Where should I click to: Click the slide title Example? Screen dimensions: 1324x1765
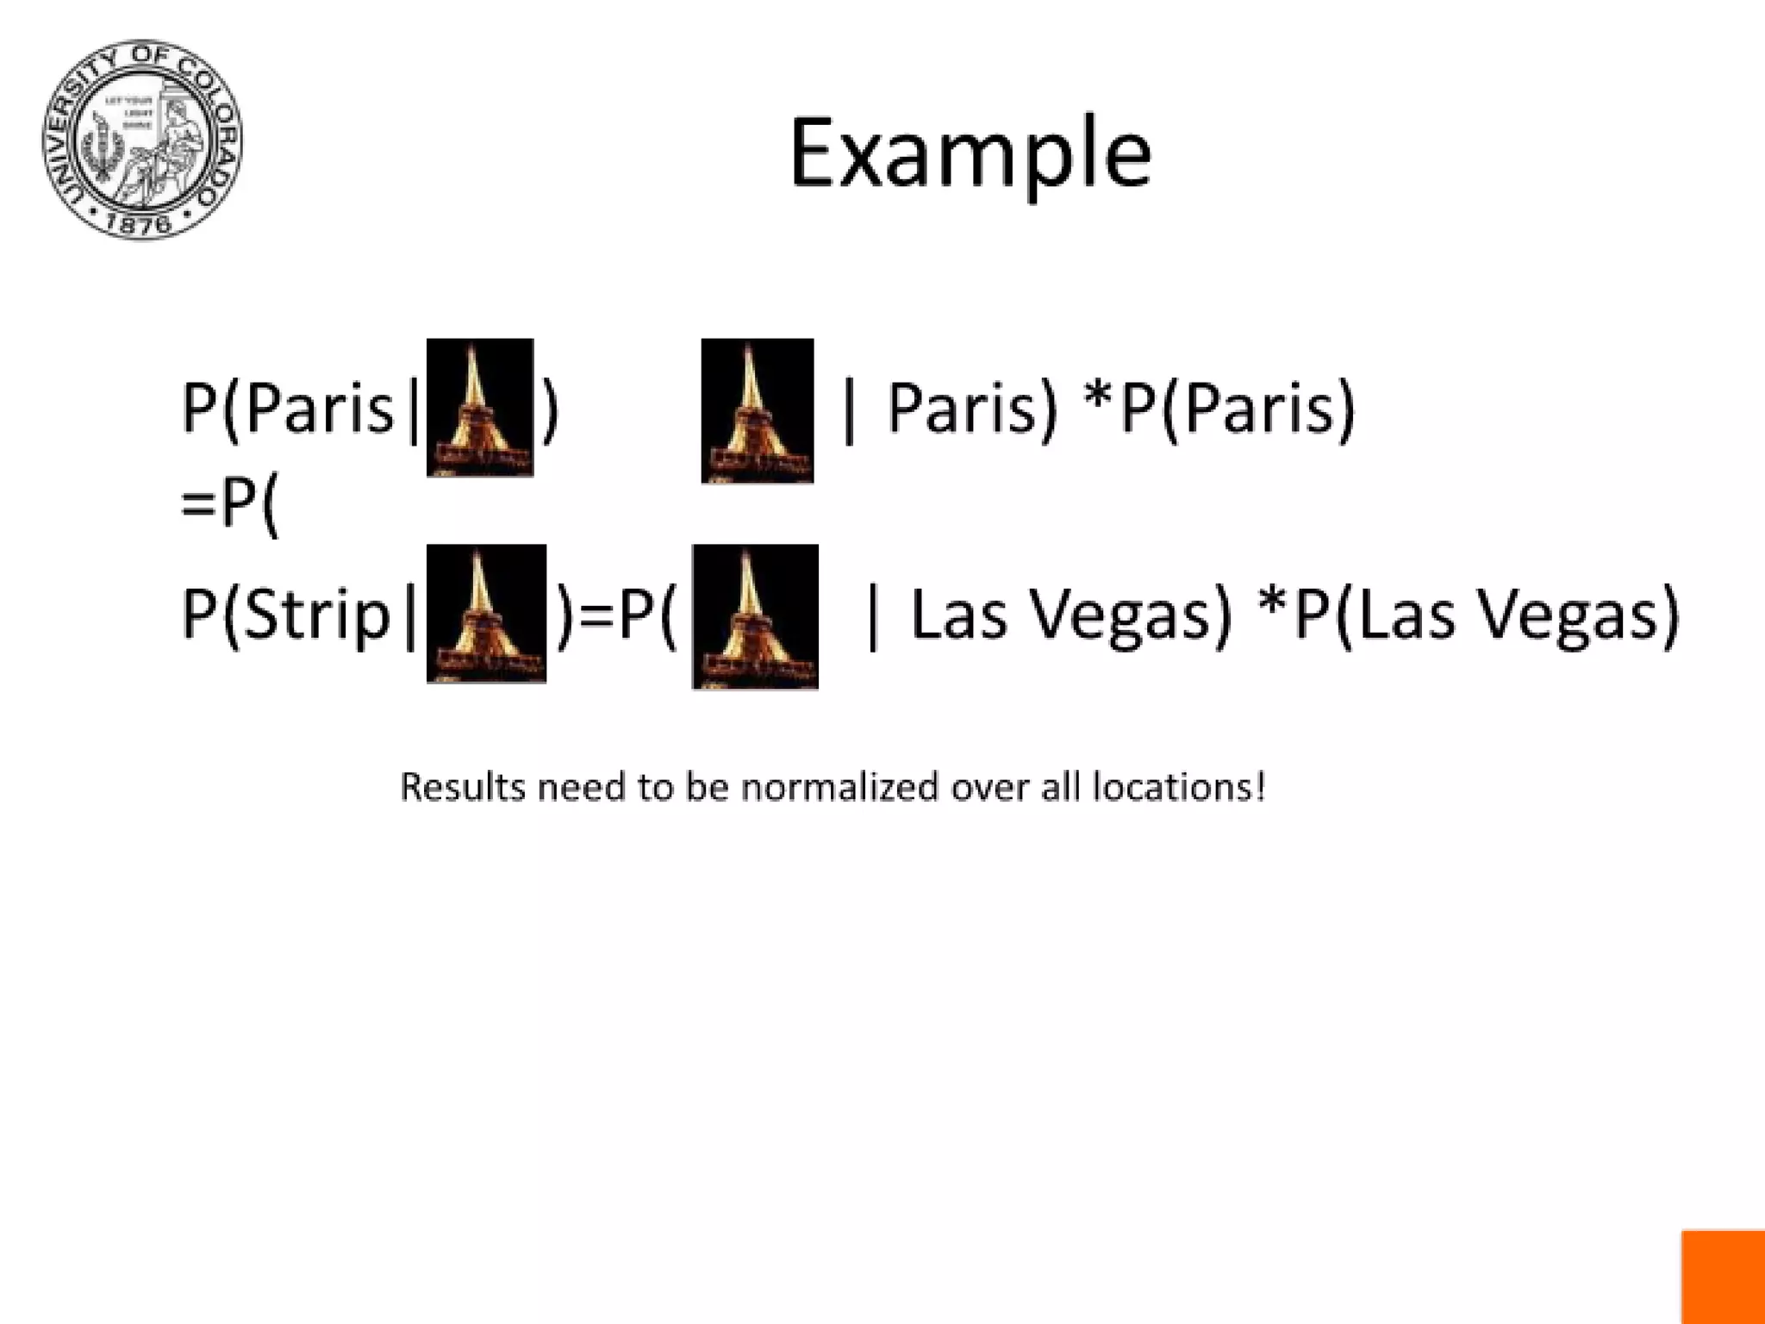click(970, 155)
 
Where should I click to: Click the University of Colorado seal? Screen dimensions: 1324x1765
click(142, 140)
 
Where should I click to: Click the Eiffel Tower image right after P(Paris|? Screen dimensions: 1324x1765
click(480, 407)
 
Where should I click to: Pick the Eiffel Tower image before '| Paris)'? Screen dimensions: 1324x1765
click(757, 410)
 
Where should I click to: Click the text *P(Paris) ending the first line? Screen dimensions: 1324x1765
click(1219, 407)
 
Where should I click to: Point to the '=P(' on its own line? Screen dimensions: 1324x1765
click(229, 503)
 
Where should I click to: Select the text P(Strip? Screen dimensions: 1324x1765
click(287, 614)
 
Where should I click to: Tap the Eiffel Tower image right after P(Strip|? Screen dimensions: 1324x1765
click(486, 614)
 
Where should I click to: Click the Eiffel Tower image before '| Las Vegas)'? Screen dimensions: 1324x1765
click(755, 616)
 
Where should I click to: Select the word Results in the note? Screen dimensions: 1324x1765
click(463, 787)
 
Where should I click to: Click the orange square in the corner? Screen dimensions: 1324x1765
click(1723, 1277)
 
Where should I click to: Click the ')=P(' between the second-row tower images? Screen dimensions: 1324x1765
click(617, 614)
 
